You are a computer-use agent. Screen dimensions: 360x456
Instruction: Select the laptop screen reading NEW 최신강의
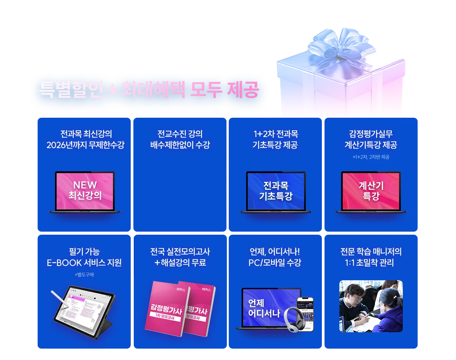pyautogui.click(x=85, y=190)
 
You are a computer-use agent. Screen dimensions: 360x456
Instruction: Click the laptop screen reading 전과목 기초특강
pyautogui.click(x=275, y=191)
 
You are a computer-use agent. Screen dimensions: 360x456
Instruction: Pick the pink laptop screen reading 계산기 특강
pyautogui.click(x=371, y=191)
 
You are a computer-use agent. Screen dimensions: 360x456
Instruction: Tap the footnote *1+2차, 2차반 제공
pyautogui.click(x=371, y=157)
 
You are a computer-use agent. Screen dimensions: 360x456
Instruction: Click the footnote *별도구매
pyautogui.click(x=84, y=275)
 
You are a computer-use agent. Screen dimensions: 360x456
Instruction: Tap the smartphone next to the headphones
pyautogui.click(x=306, y=313)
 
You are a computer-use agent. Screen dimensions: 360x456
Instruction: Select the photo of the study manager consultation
pyautogui.click(x=370, y=306)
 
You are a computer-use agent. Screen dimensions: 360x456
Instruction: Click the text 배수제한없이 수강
pyautogui.click(x=180, y=145)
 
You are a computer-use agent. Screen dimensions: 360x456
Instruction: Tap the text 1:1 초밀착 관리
pyautogui.click(x=371, y=263)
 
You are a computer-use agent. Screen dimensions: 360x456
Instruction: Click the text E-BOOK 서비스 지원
pyautogui.click(x=84, y=263)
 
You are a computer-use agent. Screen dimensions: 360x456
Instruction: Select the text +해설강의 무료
pyautogui.click(x=180, y=263)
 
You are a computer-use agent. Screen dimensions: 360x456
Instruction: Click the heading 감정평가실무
pyautogui.click(x=371, y=134)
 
